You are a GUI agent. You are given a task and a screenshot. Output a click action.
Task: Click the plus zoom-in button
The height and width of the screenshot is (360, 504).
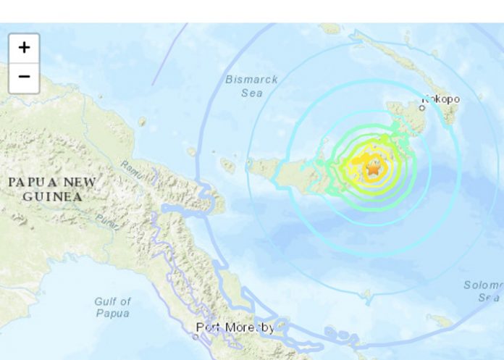24,48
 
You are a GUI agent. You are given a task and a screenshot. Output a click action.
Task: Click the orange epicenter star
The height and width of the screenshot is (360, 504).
374,170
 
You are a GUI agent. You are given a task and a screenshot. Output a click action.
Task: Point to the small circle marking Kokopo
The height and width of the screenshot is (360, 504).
422,108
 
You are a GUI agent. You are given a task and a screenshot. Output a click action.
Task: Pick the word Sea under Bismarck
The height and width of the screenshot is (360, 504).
251,93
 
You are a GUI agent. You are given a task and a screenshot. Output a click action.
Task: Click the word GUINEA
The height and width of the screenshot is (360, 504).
51,196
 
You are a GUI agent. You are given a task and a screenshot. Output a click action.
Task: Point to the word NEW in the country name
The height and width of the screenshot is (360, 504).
82,182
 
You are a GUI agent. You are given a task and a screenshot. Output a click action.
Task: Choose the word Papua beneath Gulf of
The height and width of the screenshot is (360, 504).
112,314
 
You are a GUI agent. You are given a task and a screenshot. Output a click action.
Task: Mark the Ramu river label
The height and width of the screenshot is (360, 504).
130,172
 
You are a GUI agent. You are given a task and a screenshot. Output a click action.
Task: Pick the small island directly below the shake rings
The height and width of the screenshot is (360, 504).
367,296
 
